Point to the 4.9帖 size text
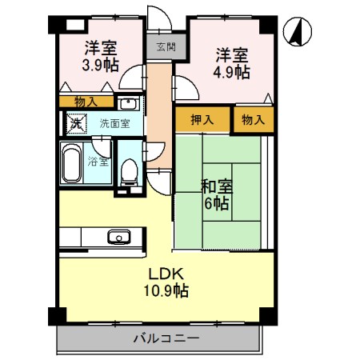(231, 72)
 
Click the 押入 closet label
(202, 119)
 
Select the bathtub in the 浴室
(71, 166)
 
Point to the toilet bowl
(128, 170)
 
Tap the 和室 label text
(216, 186)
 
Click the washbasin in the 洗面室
(127, 103)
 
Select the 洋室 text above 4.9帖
(231, 54)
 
